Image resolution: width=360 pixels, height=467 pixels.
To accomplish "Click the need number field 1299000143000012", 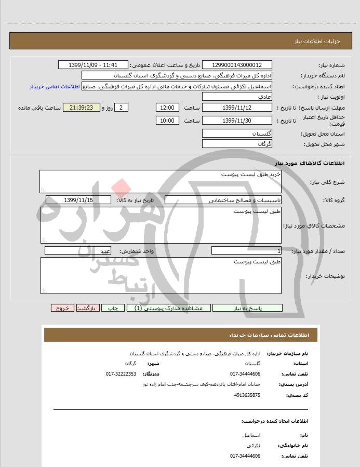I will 237,65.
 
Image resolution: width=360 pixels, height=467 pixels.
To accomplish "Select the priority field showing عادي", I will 237,97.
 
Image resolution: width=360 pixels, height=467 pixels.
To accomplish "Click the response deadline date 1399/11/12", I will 237,108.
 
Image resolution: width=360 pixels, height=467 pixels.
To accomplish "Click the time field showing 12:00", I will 167,108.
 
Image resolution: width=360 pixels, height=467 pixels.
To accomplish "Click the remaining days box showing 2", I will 121,108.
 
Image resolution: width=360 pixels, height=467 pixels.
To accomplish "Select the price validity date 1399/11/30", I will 237,121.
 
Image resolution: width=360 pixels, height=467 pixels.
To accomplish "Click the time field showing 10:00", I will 167,121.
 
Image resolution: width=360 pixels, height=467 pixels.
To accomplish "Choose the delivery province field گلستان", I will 237,134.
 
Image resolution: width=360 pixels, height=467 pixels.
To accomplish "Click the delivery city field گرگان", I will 237,144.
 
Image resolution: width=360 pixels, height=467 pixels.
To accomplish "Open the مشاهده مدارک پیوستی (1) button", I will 169,308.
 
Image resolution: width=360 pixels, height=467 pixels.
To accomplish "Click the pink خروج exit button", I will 63,308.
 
